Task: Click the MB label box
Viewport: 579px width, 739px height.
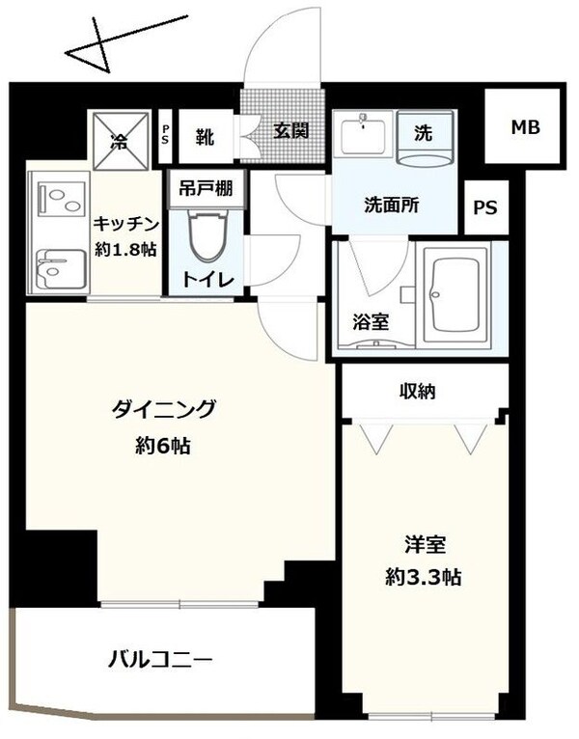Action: coord(525,127)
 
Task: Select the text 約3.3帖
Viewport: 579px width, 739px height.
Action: coord(422,578)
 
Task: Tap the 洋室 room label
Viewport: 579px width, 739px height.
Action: coord(423,544)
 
